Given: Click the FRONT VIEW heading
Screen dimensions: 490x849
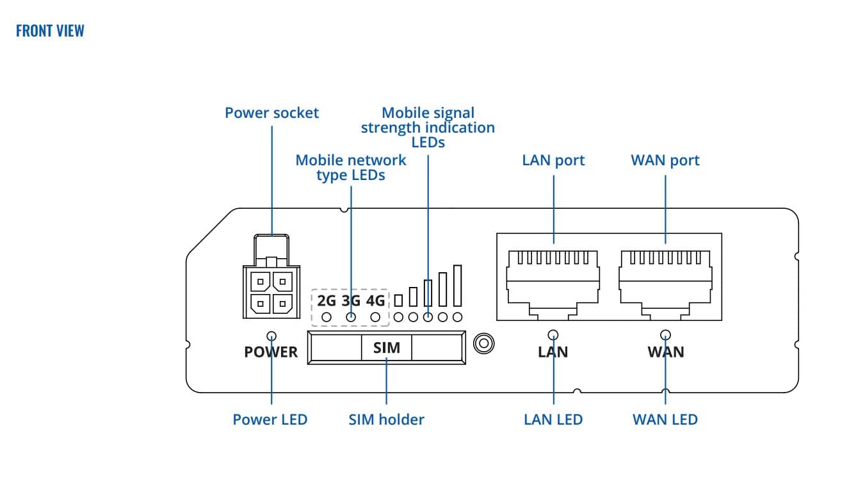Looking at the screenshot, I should [x=50, y=31].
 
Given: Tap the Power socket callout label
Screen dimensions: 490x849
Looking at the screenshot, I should [x=271, y=113].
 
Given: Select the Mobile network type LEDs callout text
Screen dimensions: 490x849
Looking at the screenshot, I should [x=351, y=167].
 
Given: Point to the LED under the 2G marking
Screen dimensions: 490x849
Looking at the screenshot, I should [x=327, y=316].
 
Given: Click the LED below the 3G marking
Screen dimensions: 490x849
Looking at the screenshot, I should [x=351, y=316].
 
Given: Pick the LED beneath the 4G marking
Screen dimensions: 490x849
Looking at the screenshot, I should [x=376, y=316].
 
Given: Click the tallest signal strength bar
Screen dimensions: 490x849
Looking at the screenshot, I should [x=457, y=286].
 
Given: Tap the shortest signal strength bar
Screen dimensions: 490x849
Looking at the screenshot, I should [x=398, y=300].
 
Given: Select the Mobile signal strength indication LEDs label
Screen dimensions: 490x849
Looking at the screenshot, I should [x=428, y=127].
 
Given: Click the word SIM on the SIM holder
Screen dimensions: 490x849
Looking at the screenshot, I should [x=386, y=348].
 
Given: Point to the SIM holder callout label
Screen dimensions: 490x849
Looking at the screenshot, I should [x=386, y=420].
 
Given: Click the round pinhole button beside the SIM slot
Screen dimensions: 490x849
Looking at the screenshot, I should [x=484, y=343].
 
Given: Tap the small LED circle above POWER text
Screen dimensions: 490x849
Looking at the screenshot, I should [x=271, y=336].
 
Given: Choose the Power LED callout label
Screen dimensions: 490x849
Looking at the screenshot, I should [x=270, y=420].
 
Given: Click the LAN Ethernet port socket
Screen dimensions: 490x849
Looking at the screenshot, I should [x=553, y=279].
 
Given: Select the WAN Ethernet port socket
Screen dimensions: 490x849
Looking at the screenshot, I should [x=665, y=279].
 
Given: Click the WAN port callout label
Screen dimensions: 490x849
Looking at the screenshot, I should [x=665, y=160].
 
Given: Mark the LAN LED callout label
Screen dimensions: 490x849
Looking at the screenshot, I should [x=553, y=420].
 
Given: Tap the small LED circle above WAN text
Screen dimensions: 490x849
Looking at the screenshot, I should [x=666, y=334].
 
